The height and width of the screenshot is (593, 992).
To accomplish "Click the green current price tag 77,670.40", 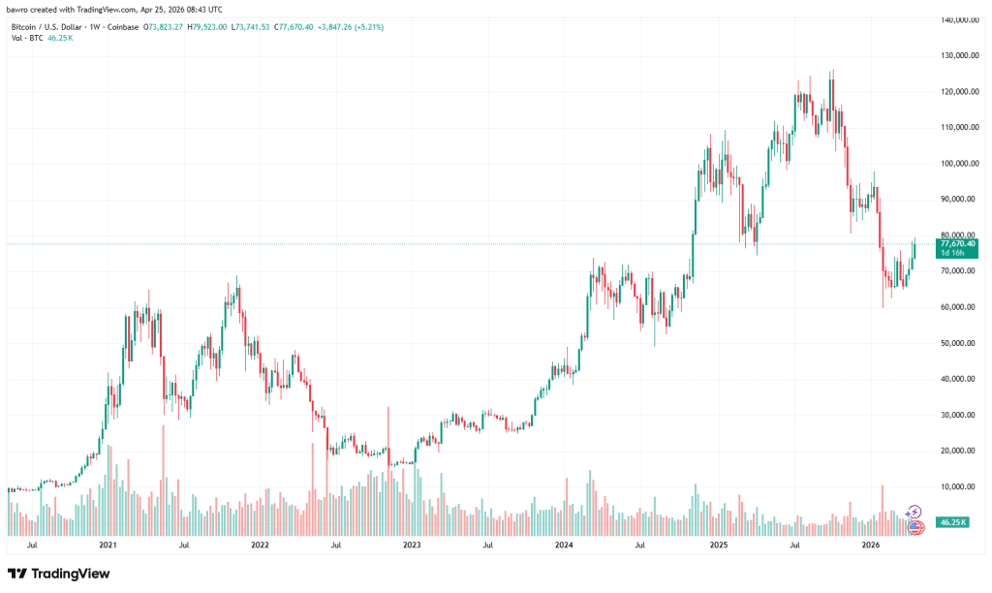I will [956, 243].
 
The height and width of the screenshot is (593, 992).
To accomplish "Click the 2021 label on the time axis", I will [108, 546].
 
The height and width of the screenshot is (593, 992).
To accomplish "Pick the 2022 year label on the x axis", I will [260, 546].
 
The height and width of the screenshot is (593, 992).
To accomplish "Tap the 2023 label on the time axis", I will [412, 546].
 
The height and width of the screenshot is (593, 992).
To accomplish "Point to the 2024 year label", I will [565, 546].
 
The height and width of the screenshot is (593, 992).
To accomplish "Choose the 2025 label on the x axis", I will [718, 546].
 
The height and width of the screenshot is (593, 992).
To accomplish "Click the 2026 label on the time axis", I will [870, 546].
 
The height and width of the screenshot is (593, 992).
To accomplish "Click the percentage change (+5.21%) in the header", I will [368, 27].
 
